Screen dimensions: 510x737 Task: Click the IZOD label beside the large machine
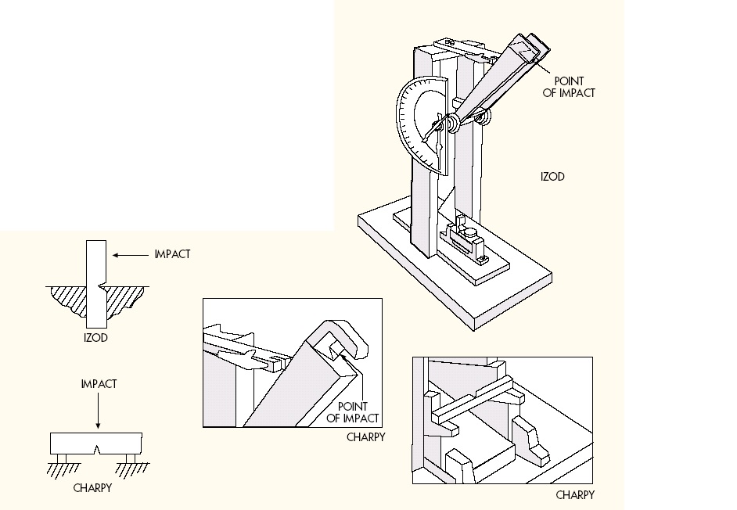[x=552, y=177]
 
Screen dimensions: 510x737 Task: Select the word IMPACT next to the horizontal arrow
[x=172, y=254]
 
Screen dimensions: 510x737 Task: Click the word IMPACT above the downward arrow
[x=99, y=384]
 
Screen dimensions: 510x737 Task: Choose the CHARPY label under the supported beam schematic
[x=92, y=488]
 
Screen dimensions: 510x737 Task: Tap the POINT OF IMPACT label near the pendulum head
[x=574, y=87]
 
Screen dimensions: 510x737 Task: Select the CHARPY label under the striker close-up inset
[x=366, y=437]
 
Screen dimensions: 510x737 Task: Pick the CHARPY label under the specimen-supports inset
[x=575, y=495]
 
